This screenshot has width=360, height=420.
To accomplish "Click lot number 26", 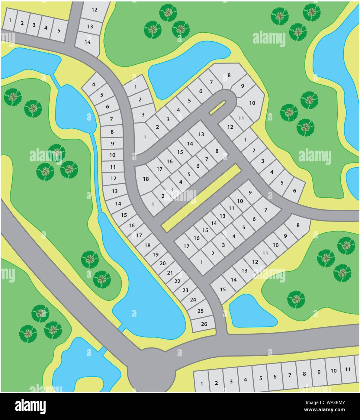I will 204,324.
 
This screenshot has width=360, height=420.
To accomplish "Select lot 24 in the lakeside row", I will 193,300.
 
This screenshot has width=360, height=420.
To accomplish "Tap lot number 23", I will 185,290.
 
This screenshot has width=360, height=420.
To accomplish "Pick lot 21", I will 170,273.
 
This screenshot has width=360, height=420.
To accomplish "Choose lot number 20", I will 162,263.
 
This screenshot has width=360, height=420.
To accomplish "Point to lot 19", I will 155,254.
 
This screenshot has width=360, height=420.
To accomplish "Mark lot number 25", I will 200,311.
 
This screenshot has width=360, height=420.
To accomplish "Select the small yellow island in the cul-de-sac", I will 218,107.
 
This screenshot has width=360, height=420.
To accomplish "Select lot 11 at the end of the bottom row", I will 348,370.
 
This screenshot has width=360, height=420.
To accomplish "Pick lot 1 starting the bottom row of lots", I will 201,384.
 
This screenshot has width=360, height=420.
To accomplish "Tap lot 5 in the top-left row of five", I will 59,31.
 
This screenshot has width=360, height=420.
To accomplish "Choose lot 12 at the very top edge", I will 94,10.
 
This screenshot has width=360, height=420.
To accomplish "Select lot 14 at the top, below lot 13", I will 87,42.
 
